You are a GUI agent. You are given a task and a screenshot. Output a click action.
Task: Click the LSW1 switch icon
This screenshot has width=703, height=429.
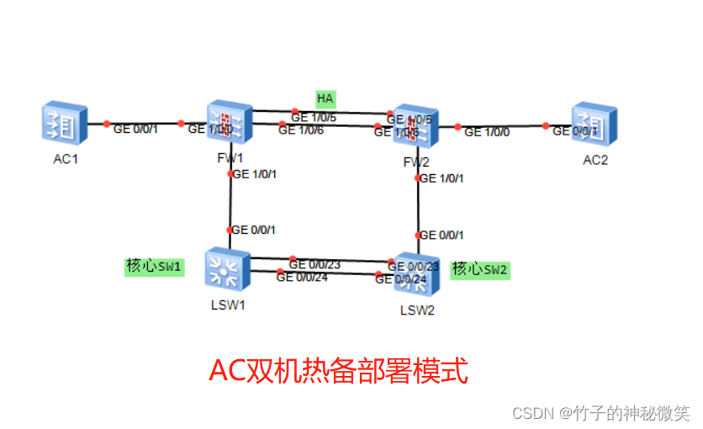229,268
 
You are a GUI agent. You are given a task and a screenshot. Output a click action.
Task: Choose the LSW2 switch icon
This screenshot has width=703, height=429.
416,273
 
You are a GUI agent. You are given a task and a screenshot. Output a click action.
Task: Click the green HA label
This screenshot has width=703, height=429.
325,98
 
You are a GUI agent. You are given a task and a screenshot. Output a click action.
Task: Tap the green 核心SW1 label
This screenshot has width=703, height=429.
154,267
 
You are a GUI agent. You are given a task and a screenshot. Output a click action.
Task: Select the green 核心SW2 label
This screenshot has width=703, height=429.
480,270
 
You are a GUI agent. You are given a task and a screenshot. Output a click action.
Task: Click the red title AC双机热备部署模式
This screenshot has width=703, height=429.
338,370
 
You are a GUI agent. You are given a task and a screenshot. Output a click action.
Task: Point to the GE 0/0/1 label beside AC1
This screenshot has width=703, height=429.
135,129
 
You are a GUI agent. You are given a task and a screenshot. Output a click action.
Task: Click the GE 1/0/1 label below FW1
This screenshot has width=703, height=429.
254,175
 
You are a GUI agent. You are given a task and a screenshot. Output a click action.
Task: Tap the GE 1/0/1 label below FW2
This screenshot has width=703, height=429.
441,178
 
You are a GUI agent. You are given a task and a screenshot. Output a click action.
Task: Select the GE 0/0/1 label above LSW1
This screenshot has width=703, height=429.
253,230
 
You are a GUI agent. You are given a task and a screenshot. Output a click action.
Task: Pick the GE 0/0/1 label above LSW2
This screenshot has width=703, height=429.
441,236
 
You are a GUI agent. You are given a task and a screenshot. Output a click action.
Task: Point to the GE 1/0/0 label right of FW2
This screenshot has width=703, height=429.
487,132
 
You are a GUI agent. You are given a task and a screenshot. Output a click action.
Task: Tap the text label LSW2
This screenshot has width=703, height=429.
417,310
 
